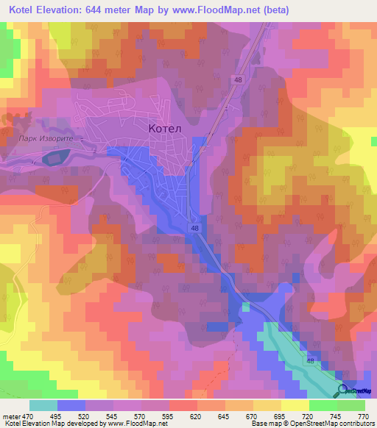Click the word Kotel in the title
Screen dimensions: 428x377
click(24, 10)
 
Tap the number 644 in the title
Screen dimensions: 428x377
click(102, 10)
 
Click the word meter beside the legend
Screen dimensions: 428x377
click(10, 415)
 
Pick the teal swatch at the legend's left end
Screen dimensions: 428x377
click(43, 405)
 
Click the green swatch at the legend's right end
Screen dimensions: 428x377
click(351, 405)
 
